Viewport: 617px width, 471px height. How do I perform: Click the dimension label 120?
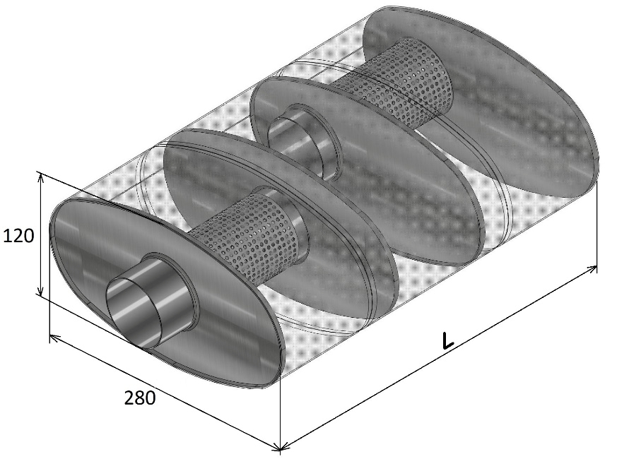tap(18, 236)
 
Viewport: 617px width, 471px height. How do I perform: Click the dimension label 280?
tap(140, 398)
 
